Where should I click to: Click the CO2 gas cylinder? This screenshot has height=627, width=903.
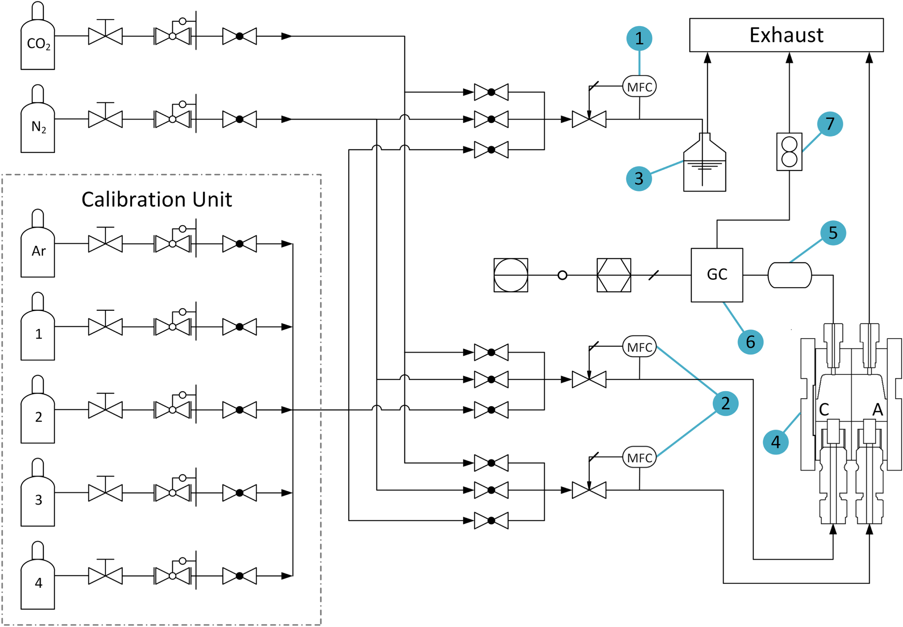tap(38, 44)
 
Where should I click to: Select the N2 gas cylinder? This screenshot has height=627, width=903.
tap(38, 126)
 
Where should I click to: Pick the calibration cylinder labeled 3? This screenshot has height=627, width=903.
tap(38, 500)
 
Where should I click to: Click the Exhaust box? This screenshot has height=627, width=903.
tap(786, 35)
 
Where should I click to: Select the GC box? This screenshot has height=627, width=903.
tap(717, 275)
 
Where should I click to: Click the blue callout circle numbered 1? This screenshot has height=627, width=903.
tap(639, 38)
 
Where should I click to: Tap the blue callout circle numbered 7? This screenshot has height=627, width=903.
tap(830, 124)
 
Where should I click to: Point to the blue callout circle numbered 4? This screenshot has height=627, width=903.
tap(775, 442)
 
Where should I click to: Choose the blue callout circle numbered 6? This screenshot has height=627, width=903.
tap(750, 342)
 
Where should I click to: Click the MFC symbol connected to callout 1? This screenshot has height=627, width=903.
tap(640, 87)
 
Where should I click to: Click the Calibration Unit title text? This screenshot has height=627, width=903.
tap(157, 200)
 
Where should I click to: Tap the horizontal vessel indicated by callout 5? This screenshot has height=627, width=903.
tap(790, 275)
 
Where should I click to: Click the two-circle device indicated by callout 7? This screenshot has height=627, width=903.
tap(789, 152)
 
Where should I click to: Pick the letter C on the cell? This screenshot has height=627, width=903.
tap(824, 410)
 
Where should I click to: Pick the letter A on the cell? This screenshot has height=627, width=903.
tap(877, 410)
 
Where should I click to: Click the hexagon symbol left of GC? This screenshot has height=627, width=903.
tap(614, 275)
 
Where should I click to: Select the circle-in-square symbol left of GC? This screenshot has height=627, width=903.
tap(511, 275)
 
